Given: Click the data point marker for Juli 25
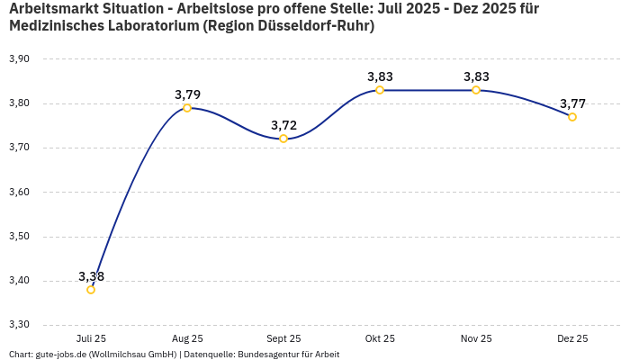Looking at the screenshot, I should [91, 290].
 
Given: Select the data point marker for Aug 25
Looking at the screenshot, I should [187, 108].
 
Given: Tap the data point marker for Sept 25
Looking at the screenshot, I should [283, 139].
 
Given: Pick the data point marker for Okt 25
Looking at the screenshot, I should [380, 90].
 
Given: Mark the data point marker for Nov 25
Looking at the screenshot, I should [476, 90].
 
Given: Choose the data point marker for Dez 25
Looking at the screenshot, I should [572, 117].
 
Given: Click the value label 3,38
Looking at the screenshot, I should [91, 276].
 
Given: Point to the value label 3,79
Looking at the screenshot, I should [187, 94].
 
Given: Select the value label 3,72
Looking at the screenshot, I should [283, 125].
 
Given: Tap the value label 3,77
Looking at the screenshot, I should [572, 103].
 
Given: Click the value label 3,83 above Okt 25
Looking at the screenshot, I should [380, 76].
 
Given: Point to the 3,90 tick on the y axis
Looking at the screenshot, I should [19, 59].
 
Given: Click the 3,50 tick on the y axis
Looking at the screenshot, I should [19, 237].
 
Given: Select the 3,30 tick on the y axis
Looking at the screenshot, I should [19, 325].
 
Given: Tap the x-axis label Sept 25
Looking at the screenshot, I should [283, 338].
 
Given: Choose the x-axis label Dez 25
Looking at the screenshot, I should [572, 338].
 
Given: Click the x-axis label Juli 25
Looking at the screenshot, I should [91, 338].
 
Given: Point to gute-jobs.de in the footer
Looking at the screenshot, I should [60, 355].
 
